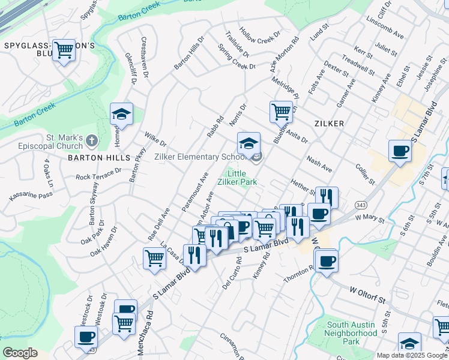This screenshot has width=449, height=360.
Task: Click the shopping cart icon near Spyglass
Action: pos(64,50)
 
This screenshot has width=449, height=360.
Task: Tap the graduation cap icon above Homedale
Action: pos(121,114)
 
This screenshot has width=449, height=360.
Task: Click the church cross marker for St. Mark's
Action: pos(91,141)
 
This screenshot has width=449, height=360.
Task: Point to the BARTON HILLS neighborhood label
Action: pos(99,158)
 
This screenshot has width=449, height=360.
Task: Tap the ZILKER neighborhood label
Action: pos(328,124)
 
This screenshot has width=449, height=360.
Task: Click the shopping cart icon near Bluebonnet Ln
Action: pos(280,111)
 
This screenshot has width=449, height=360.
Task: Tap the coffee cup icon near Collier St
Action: pos(400,151)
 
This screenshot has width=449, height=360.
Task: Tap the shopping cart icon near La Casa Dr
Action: pos(154,258)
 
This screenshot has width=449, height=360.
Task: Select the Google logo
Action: pos(20,353)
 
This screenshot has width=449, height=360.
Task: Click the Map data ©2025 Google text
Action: pos(412,355)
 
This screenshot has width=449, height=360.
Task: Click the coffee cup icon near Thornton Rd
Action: pos(327,261)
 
